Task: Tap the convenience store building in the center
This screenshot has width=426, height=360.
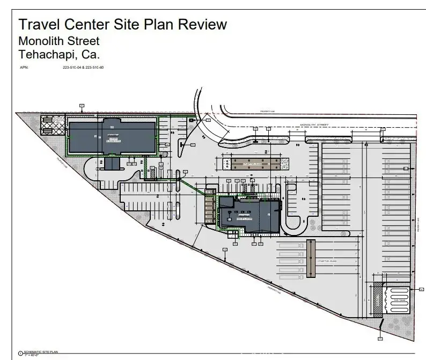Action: (x=250, y=214)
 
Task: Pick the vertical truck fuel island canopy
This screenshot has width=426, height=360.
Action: (x=311, y=258)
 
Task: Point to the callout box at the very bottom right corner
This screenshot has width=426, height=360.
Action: (x=380, y=339)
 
